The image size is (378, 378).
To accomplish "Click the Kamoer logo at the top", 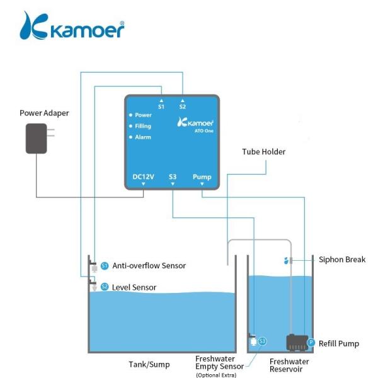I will tap(72, 26).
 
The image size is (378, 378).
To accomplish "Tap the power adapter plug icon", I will tap(38, 139).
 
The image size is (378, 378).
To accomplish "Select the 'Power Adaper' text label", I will tap(44, 113).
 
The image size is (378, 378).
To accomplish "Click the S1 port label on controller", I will tap(161, 106).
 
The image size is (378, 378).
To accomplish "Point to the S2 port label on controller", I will tap(183, 106).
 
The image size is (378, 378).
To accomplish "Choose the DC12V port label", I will tap(144, 177).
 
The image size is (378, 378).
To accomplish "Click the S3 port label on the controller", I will tap(173, 177).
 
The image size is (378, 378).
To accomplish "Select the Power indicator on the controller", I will tap(142, 115).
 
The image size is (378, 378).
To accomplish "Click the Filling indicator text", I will tap(143, 126).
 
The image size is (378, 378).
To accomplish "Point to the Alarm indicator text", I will tap(142, 137).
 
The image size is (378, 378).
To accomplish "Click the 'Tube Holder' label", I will tap(264, 152).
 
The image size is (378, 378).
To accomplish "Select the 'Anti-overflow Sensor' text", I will tap(149, 266).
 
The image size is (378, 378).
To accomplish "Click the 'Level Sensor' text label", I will tap(134, 287).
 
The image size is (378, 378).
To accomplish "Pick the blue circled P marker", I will tap(311, 343).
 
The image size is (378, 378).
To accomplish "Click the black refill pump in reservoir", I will tap(295, 342).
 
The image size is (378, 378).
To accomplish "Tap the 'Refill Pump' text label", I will tap(339, 343).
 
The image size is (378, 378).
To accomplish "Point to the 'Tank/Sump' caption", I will tap(149, 364).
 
